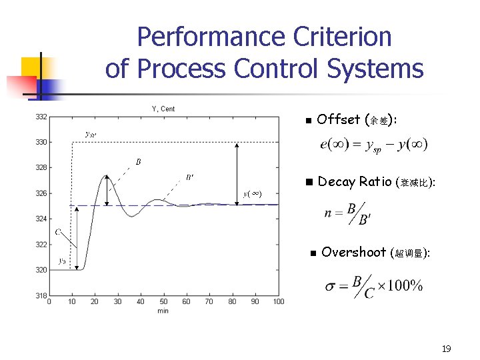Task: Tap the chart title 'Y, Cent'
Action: (163, 109)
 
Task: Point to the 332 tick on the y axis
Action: (41, 117)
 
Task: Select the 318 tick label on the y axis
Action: (41, 295)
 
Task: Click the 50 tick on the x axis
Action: (163, 302)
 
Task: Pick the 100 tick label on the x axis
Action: (278, 302)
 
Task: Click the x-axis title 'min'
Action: (163, 311)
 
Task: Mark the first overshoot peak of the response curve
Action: (106, 175)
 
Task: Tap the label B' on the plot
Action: (190, 177)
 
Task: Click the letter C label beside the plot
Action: (58, 232)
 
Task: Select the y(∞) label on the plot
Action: (252, 194)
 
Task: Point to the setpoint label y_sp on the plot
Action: (89, 133)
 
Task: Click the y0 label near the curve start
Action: (62, 261)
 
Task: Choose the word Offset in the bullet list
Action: (339, 120)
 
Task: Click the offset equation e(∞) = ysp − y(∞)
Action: (373, 145)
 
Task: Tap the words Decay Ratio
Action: (355, 181)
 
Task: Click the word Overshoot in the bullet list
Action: (353, 252)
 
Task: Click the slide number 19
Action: (447, 349)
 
